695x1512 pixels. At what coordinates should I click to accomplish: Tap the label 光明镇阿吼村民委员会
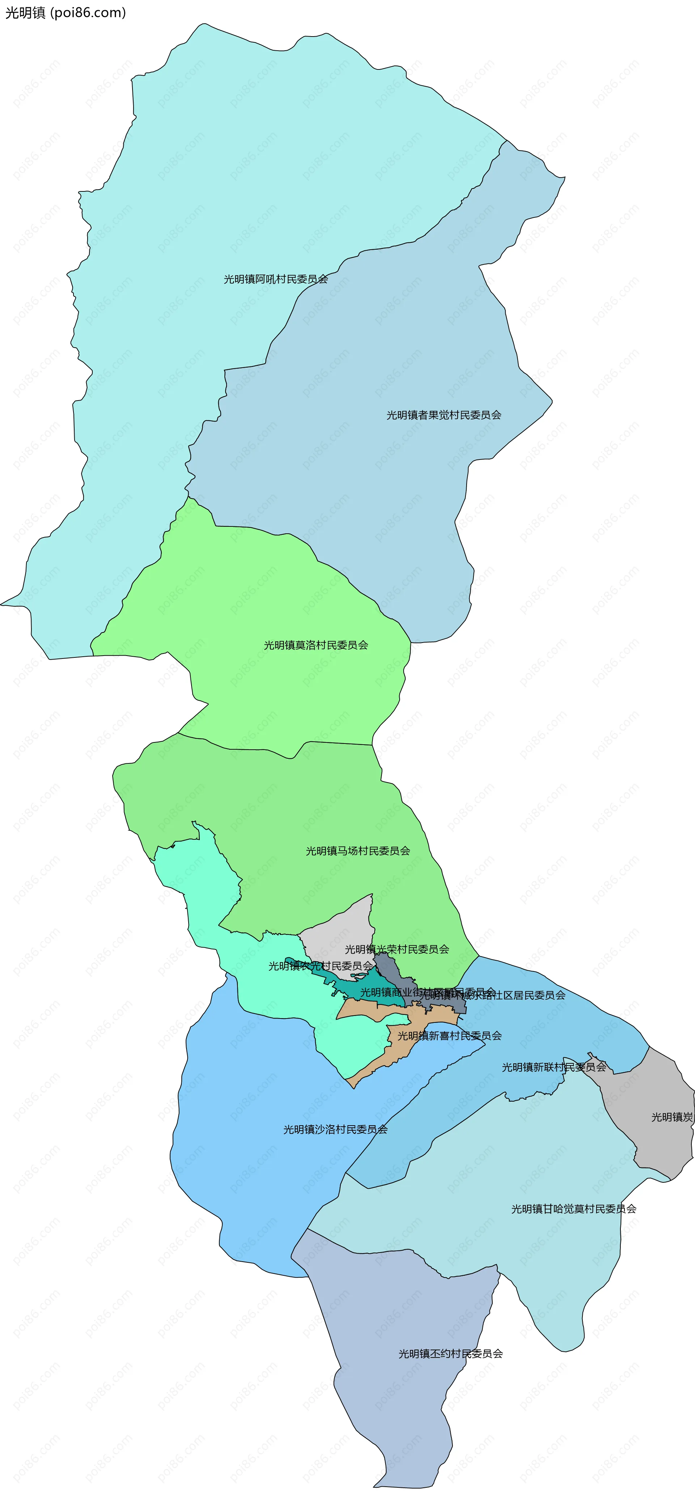pos(275,279)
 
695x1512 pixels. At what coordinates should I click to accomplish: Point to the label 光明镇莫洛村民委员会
pos(316,645)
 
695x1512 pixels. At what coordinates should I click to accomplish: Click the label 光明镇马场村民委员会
pos(358,851)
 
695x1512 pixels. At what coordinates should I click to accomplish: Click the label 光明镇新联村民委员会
pos(553,1067)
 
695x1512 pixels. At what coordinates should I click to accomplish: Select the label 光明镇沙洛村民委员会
pos(335,1129)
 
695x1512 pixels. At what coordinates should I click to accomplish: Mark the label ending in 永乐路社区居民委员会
pos(517,995)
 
